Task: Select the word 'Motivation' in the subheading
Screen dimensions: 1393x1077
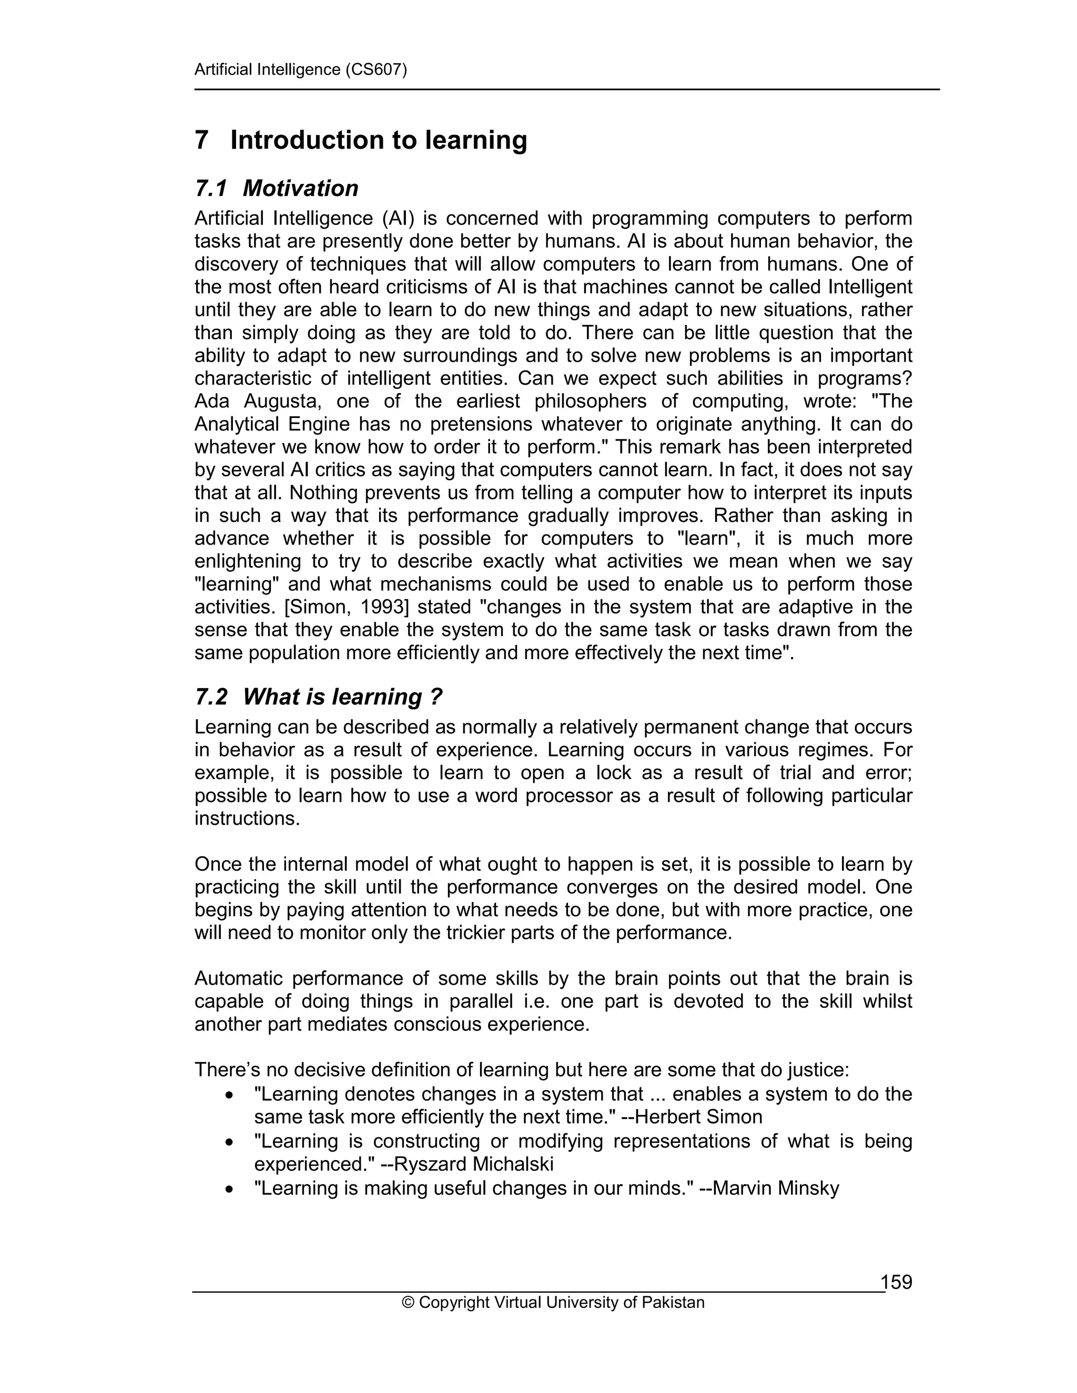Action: (300, 189)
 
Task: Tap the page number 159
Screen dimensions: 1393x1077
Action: (897, 1282)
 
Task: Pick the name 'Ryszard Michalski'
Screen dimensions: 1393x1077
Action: (474, 1164)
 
